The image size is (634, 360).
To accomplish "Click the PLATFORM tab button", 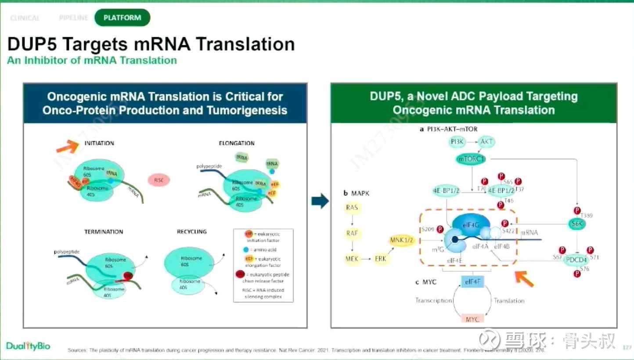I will pos(122,18).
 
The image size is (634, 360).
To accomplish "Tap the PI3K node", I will pos(458,142).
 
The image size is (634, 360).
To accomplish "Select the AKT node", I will pos(486,142).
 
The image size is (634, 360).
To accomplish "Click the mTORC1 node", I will pos(472,159).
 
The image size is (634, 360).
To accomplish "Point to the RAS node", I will pos(352,207).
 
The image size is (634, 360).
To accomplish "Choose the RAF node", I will pos(352,233).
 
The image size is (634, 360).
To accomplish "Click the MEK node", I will pos(352,259).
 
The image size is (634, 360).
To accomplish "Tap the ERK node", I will pos(381,259).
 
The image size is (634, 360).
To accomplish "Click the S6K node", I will pos(576,223).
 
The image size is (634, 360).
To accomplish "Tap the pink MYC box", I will pos(472,319).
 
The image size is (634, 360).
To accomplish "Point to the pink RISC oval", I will pos(158,180).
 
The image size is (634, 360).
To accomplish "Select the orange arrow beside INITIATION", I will pos(67,145).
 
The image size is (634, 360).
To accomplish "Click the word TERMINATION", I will pos(104,231).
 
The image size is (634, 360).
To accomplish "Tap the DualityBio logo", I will pos(28,346).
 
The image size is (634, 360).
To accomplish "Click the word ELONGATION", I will pos(237,143).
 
